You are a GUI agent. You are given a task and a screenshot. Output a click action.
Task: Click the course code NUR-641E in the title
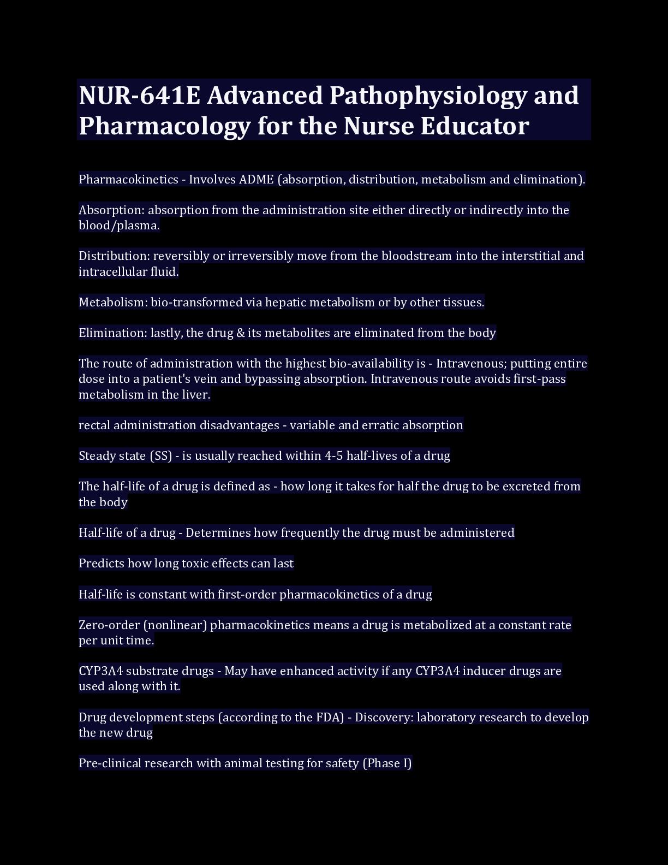coord(140,96)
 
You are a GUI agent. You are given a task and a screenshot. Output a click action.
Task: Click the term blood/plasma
coord(119,226)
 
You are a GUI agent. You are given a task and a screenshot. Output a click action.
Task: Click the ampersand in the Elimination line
coord(241,333)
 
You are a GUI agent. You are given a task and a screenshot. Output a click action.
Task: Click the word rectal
coord(94,425)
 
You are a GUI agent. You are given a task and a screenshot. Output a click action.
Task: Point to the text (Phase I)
coord(387,763)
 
